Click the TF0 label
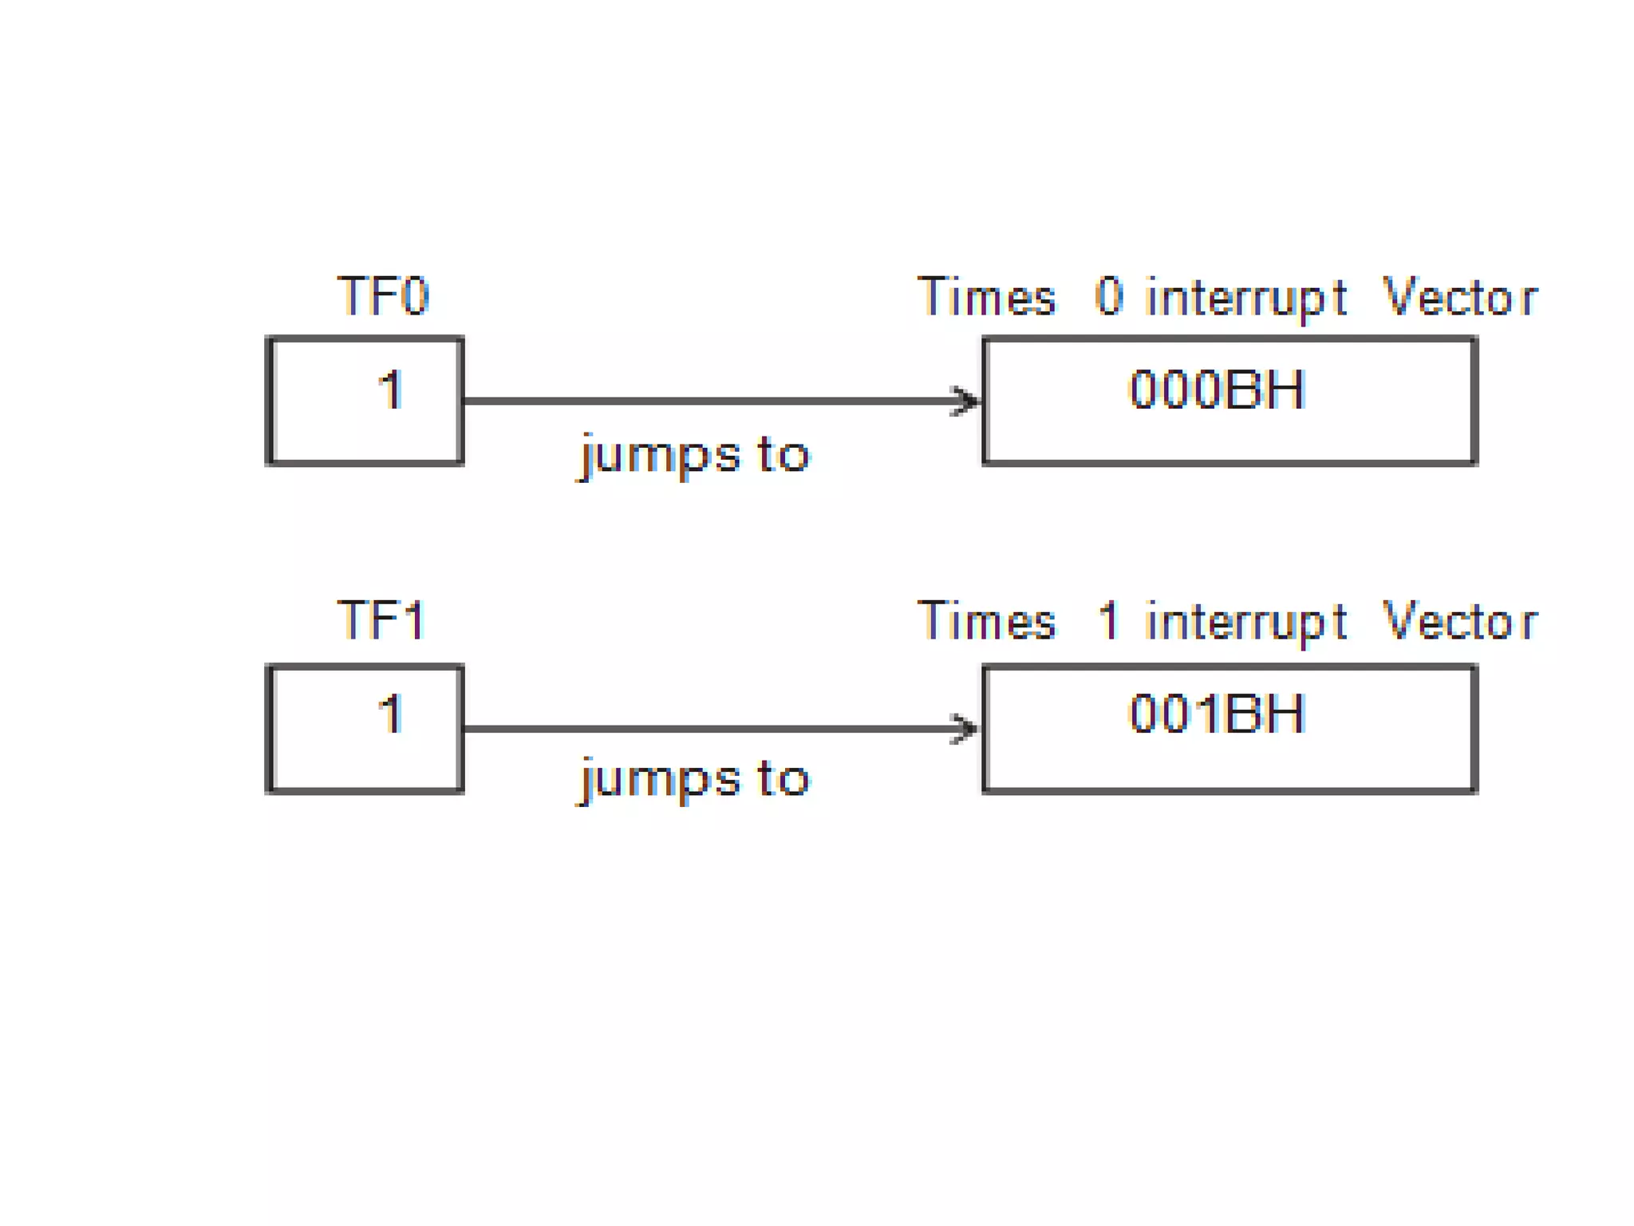click(x=383, y=296)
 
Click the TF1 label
click(x=381, y=619)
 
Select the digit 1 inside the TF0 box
click(x=390, y=390)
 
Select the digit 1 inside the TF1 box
click(x=390, y=713)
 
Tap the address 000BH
click(x=1217, y=390)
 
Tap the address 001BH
click(x=1217, y=713)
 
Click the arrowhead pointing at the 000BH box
click(x=966, y=401)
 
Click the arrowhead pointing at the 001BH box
click(x=965, y=728)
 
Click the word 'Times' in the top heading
click(x=987, y=297)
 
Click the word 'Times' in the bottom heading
click(x=987, y=621)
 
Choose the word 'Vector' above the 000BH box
click(x=1459, y=297)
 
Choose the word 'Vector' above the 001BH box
click(x=1459, y=621)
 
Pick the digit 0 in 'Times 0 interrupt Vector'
click(x=1108, y=296)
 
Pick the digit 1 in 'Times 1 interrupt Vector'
click(x=1108, y=620)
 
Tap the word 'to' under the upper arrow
click(x=783, y=454)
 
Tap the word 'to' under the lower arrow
click(x=783, y=778)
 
